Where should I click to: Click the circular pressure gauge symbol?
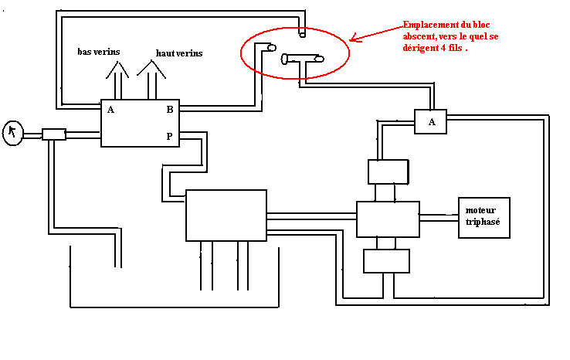(13, 133)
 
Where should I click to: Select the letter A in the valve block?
(111, 110)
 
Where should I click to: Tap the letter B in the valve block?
(170, 110)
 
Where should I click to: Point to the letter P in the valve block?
(170, 137)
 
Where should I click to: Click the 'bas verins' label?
(98, 52)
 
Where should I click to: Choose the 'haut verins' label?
(179, 53)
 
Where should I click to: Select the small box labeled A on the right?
(431, 121)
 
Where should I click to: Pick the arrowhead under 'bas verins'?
(117, 70)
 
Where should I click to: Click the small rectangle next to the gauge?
(54, 134)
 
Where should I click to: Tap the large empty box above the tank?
(226, 215)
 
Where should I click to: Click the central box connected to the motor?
(388, 219)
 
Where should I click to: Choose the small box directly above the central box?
(388, 171)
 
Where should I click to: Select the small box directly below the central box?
(386, 261)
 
